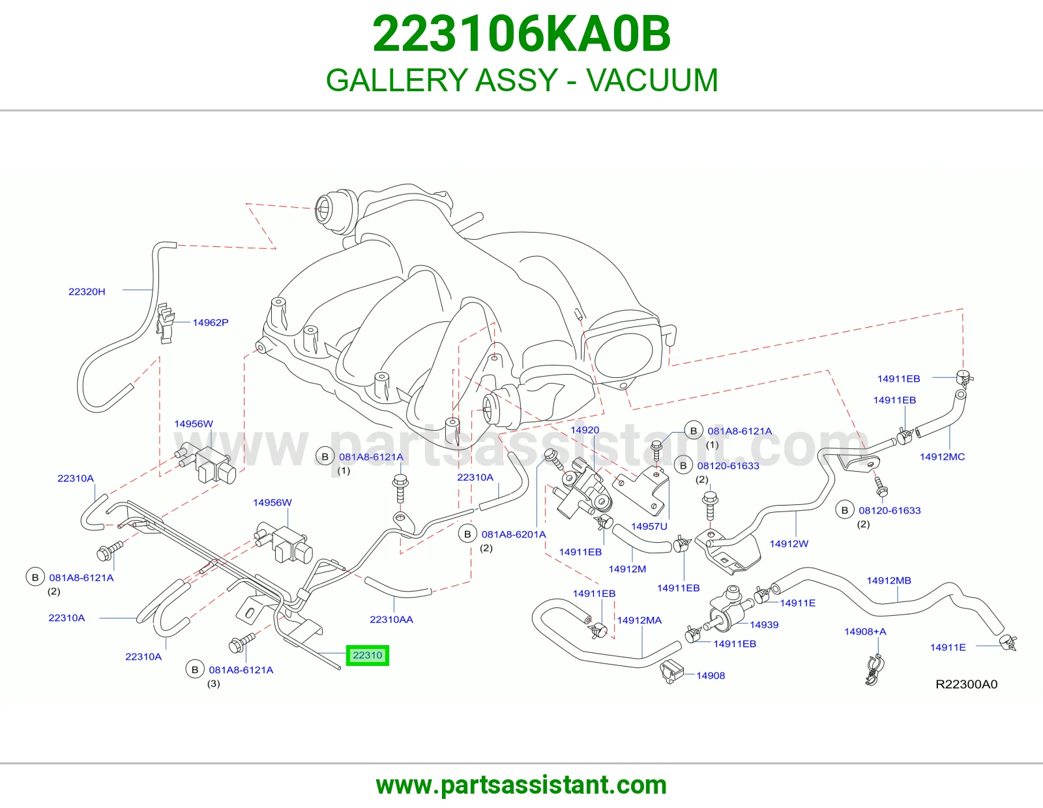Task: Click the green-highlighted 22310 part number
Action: click(367, 656)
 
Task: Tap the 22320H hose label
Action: click(87, 292)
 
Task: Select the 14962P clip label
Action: click(211, 323)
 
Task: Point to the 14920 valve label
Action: click(585, 430)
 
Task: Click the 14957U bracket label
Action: click(649, 527)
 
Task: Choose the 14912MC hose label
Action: click(942, 457)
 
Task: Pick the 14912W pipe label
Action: click(789, 543)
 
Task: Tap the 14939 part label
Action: click(764, 625)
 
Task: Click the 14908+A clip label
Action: click(865, 631)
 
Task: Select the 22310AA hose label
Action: click(391, 620)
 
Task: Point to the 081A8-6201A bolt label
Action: click(514, 534)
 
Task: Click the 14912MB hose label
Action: click(889, 581)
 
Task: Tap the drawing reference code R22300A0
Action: click(966, 684)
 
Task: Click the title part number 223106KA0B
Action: click(521, 34)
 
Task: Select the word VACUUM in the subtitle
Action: click(652, 79)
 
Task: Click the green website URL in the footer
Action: click(521, 785)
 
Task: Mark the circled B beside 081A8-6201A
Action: click(467, 534)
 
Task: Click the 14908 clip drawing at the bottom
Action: click(672, 671)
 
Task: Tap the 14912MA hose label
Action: click(639, 620)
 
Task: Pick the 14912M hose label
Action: click(627, 569)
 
